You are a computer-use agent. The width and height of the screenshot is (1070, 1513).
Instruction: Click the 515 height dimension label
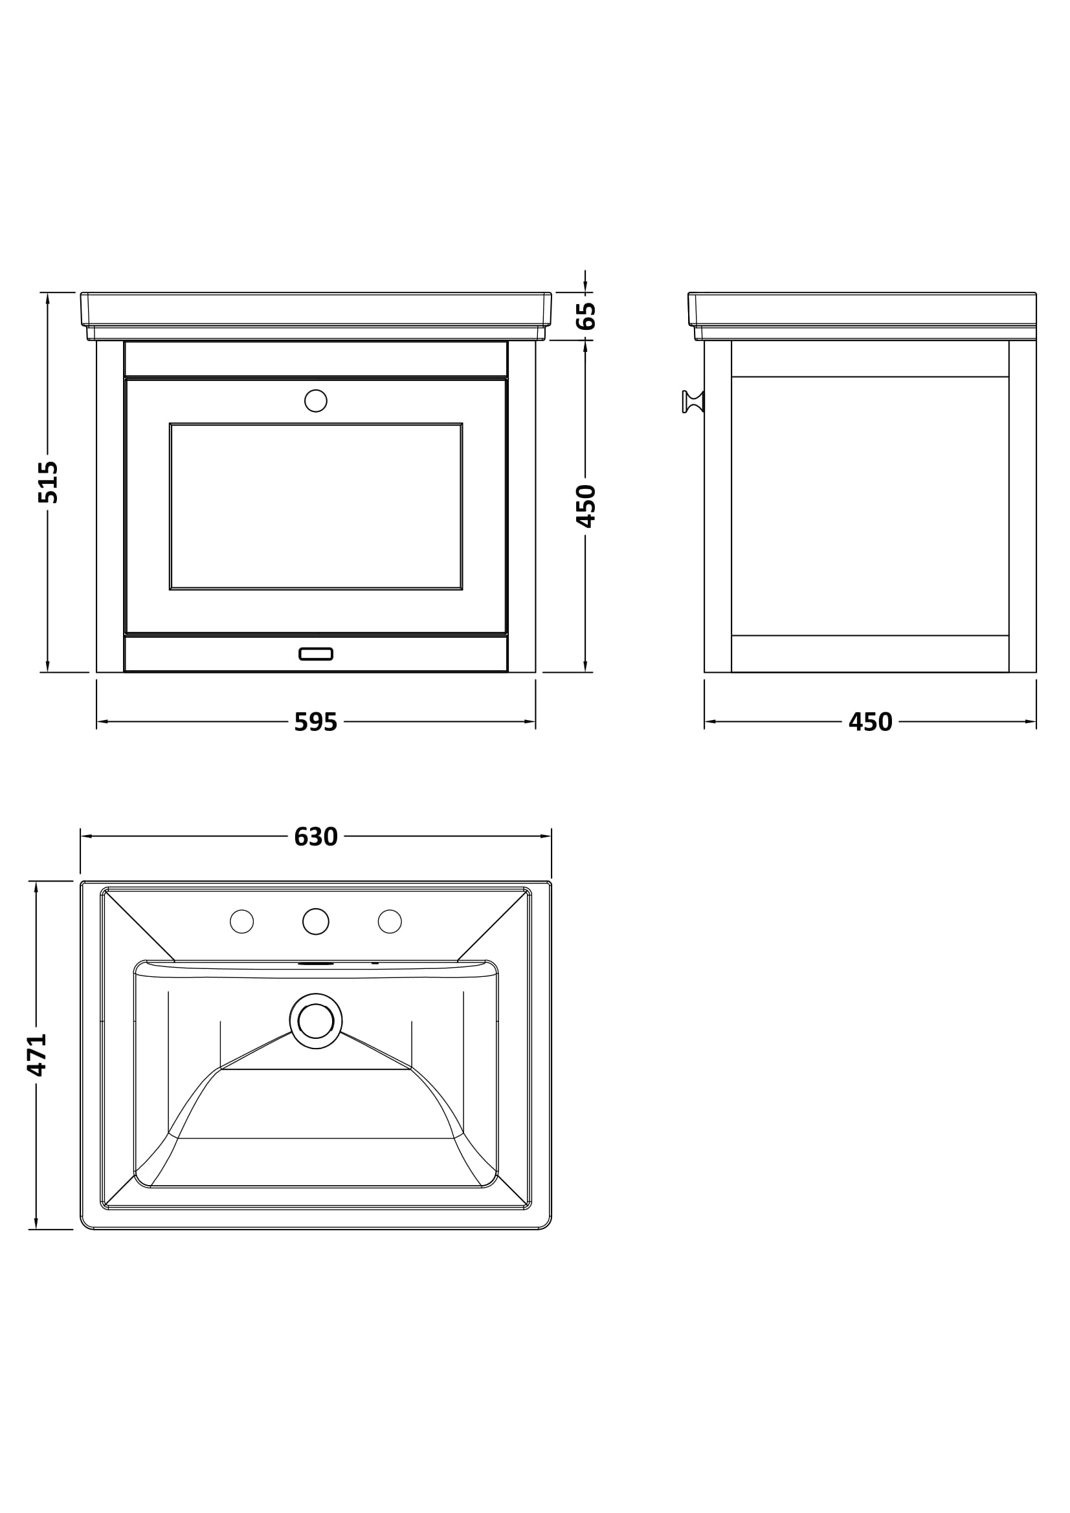(x=48, y=483)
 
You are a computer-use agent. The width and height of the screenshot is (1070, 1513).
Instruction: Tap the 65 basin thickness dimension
(x=585, y=316)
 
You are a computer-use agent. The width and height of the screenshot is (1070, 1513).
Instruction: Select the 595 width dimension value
(x=316, y=723)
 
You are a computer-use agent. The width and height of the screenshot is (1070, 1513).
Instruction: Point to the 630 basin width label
(x=316, y=837)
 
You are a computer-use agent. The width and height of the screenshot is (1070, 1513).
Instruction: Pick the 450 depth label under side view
(x=870, y=723)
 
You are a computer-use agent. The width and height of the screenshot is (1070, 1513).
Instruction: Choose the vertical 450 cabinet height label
(x=585, y=506)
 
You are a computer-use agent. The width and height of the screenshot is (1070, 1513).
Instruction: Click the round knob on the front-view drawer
(x=316, y=400)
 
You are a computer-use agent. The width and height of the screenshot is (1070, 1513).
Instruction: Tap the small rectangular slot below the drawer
(x=316, y=654)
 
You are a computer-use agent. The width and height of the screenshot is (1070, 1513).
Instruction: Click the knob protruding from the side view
(x=692, y=401)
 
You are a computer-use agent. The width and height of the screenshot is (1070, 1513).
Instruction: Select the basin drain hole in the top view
(x=316, y=1021)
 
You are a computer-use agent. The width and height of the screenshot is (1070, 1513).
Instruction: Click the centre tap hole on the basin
(x=316, y=921)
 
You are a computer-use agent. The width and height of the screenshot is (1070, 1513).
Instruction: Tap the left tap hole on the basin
(x=241, y=921)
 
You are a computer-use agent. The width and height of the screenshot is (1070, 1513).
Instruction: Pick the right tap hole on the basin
(x=390, y=921)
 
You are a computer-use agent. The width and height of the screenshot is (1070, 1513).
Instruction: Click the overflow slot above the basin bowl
(x=316, y=963)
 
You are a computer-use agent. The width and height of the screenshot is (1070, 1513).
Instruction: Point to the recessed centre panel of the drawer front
(x=316, y=506)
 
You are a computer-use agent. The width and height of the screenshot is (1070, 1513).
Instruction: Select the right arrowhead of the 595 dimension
(x=530, y=722)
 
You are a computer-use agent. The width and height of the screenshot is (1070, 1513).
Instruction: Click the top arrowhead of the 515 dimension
(x=47, y=298)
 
